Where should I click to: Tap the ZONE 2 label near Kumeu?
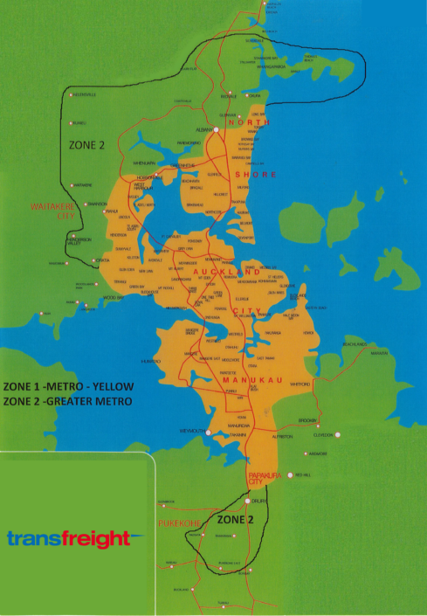[87, 145]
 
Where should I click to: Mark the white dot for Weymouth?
[208, 432]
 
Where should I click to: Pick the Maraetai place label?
[379, 353]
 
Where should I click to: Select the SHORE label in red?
[265, 175]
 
